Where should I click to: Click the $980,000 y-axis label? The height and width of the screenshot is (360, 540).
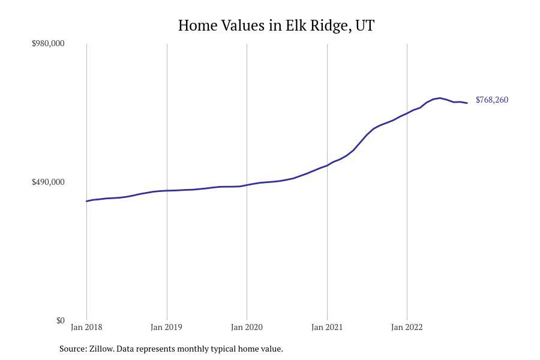pyautogui.click(x=48, y=44)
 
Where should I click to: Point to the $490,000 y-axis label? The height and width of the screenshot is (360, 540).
pyautogui.click(x=48, y=182)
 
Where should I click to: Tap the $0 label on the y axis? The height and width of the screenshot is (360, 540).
pyautogui.click(x=60, y=321)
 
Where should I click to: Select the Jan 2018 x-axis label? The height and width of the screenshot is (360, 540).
pyautogui.click(x=86, y=328)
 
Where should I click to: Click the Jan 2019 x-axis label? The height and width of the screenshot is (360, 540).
pyautogui.click(x=167, y=328)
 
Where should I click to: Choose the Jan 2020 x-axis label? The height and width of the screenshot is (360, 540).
pyautogui.click(x=247, y=328)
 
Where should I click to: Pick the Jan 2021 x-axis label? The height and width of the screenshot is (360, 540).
pyautogui.click(x=327, y=328)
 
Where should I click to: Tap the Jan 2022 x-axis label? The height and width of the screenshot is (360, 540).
pyautogui.click(x=407, y=328)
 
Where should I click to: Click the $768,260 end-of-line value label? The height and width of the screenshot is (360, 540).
pyautogui.click(x=492, y=100)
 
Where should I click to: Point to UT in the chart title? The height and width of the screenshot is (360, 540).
pyautogui.click(x=365, y=26)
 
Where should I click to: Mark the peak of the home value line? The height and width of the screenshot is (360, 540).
pyautogui.click(x=440, y=98)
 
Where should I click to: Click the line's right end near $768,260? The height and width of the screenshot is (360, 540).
pyautogui.click(x=467, y=103)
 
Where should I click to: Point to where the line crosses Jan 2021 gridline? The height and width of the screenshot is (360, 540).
pyautogui.click(x=327, y=166)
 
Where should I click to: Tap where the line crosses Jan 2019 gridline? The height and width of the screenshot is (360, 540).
pyautogui.click(x=167, y=191)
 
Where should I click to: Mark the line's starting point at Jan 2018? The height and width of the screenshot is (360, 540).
pyautogui.click(x=86, y=201)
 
